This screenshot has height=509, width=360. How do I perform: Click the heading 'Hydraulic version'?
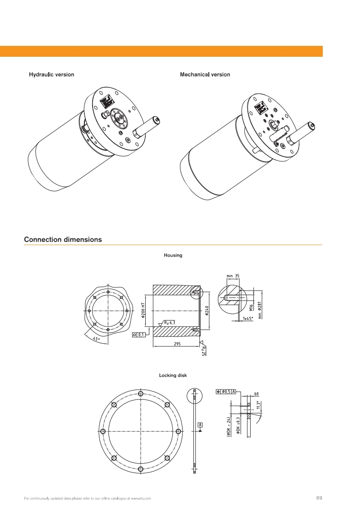tap(52, 74)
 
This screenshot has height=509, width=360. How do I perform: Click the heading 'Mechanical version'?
tap(205, 74)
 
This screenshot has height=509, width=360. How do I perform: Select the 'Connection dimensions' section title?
tap(63, 239)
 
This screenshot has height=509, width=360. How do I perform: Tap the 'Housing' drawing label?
tap(173, 256)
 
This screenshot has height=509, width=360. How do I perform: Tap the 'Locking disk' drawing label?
tap(173, 376)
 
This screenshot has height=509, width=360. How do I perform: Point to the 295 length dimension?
tap(177, 345)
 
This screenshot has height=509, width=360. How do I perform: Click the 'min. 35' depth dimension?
tap(233, 276)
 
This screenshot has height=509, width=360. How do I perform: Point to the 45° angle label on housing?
tap(96, 339)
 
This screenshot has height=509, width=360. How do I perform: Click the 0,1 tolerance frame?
tap(138, 335)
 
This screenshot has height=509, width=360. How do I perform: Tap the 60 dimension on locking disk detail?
tap(256, 394)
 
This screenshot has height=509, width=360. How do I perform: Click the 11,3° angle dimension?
tap(258, 405)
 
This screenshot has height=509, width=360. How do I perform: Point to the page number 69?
tap(319, 498)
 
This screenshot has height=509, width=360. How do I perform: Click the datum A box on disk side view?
tap(200, 425)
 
